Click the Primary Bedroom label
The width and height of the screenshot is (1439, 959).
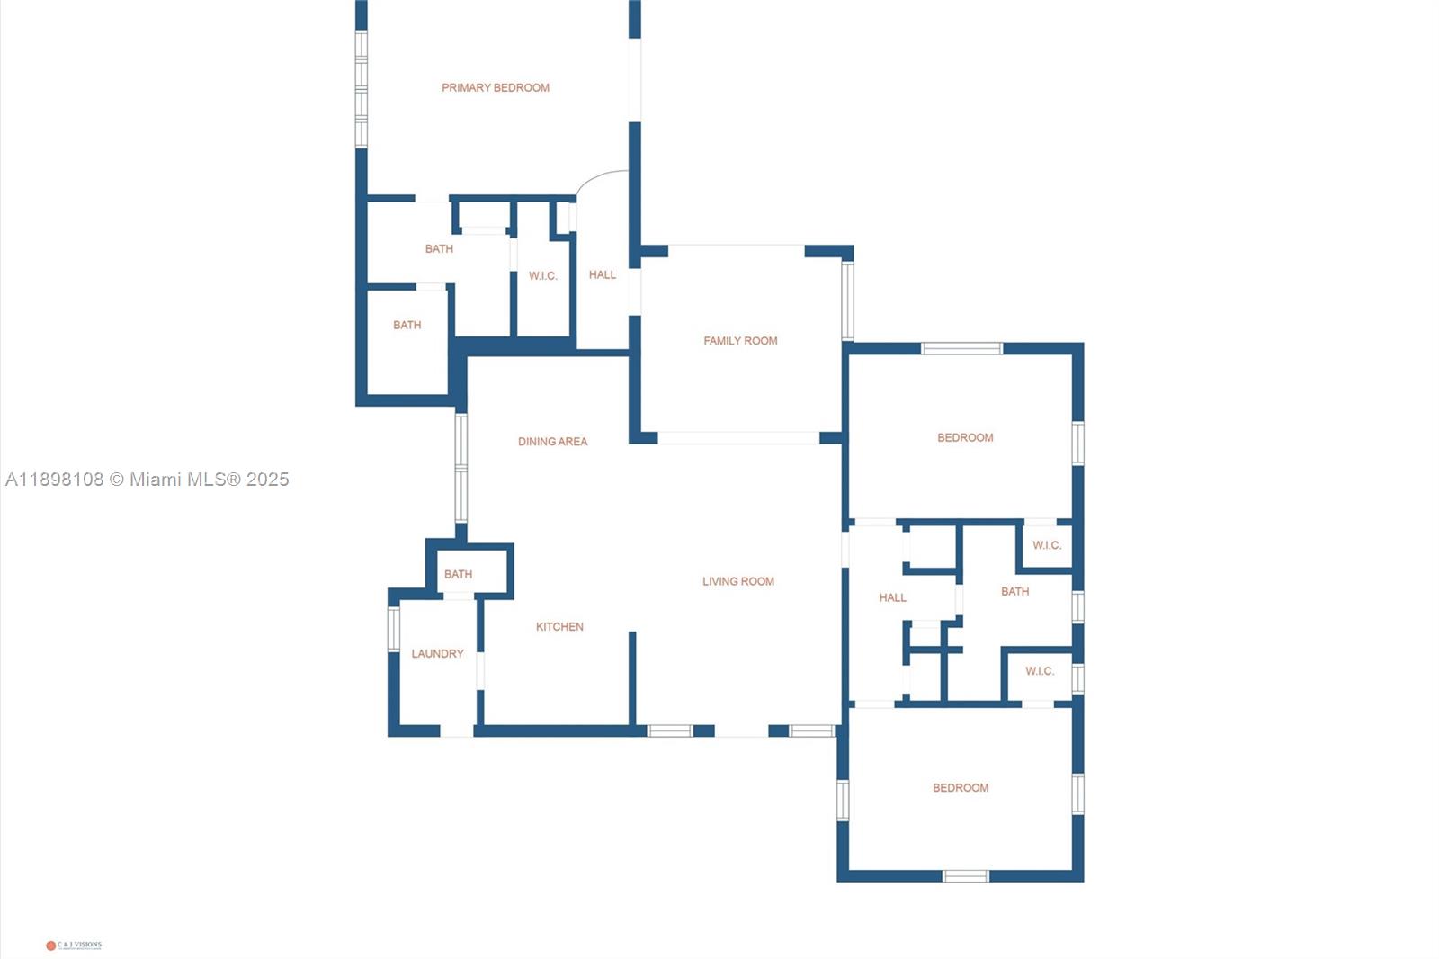coord(496,88)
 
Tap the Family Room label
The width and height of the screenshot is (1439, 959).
coord(740,341)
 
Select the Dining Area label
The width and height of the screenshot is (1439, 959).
coord(552,442)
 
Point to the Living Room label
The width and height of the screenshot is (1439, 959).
coord(738,582)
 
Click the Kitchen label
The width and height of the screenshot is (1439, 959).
coord(559,627)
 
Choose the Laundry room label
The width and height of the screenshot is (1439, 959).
coord(438,654)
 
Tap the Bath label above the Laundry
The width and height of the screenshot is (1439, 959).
coord(458,574)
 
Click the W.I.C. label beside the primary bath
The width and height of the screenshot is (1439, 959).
coord(543,276)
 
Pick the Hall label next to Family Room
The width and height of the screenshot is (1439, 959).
coord(603,275)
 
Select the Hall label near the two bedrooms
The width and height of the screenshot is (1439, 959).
coord(893,597)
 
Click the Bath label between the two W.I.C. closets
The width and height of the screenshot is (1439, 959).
coord(1015,592)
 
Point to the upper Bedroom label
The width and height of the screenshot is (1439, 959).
coord(965,438)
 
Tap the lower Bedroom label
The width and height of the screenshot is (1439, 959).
coord(961,788)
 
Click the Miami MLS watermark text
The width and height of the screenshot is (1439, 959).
coord(147,479)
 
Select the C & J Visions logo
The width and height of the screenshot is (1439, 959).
coord(74,945)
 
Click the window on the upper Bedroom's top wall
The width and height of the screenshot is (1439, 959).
coord(961,348)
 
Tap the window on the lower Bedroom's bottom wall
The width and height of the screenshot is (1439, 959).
coord(965,875)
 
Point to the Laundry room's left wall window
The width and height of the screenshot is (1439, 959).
coord(393,628)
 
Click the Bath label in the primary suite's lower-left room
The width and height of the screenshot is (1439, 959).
coord(407,326)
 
